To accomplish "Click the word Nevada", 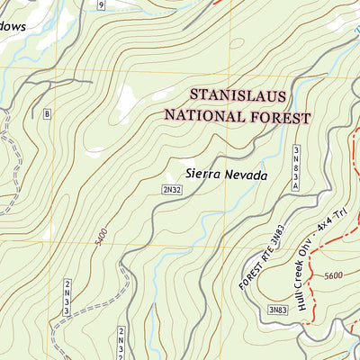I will click(247, 175).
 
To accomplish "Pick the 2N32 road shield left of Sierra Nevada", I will click(173, 190).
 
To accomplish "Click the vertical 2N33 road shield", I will click(67, 298).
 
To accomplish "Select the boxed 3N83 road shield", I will click(277, 310).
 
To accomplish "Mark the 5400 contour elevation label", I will click(101, 238).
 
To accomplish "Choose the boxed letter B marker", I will click(47, 112).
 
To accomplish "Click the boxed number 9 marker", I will click(102, 5).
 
